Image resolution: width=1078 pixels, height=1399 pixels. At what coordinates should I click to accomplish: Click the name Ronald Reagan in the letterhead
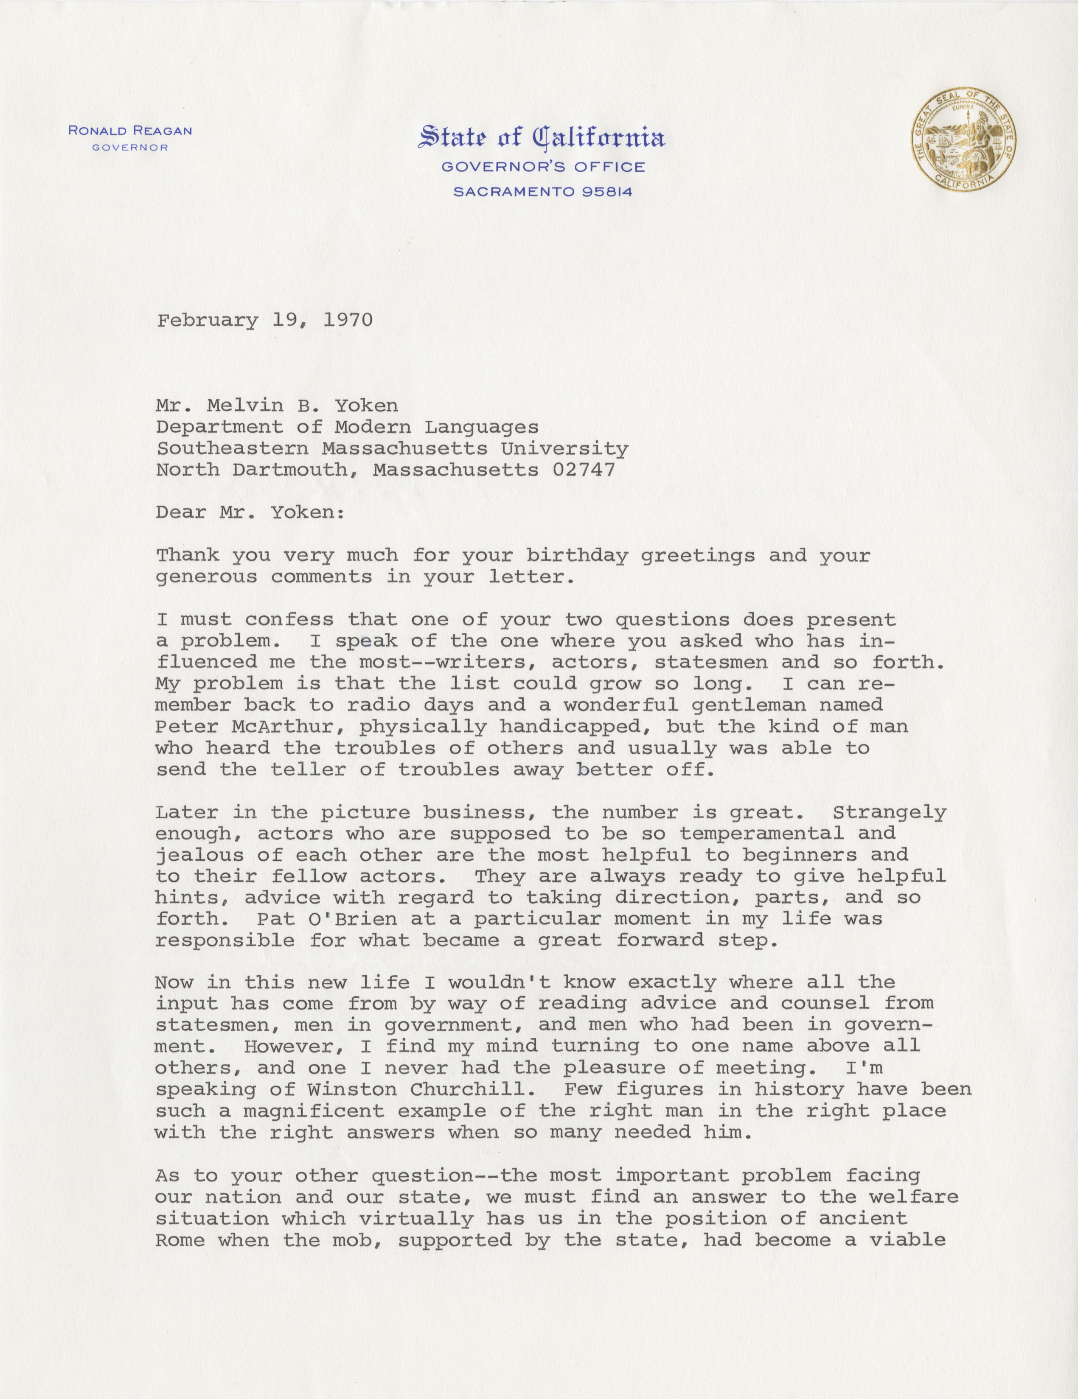[x=130, y=131]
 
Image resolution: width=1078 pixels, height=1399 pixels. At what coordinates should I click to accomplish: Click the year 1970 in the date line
[x=348, y=320]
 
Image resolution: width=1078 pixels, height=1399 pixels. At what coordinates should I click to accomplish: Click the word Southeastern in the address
[x=232, y=448]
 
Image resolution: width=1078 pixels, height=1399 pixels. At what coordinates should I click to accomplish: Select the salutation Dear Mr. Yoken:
[x=250, y=512]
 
